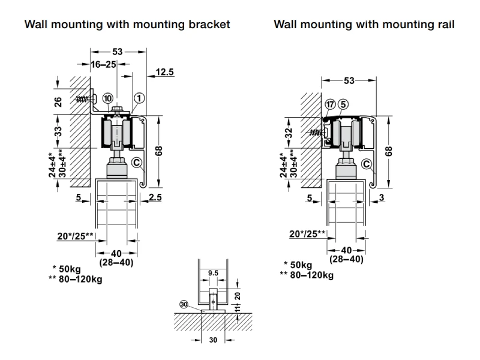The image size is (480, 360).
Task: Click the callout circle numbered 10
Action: point(107,98)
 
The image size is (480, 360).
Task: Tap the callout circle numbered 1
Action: point(139,98)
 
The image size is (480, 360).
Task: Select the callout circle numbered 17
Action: point(330,104)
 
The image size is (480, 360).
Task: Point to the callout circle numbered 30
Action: point(185,304)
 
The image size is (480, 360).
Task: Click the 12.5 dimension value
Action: point(165,73)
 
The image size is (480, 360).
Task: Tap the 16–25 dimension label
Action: point(103,64)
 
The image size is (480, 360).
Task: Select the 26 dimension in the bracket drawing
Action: point(58,101)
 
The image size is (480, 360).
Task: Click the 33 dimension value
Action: point(58,131)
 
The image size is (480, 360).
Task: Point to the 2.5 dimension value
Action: point(154,197)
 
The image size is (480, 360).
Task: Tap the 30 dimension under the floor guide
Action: point(212,339)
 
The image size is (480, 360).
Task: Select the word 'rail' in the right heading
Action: point(444,25)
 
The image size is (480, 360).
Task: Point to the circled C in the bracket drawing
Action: point(136,161)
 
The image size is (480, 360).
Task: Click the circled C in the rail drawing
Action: point(367,164)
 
